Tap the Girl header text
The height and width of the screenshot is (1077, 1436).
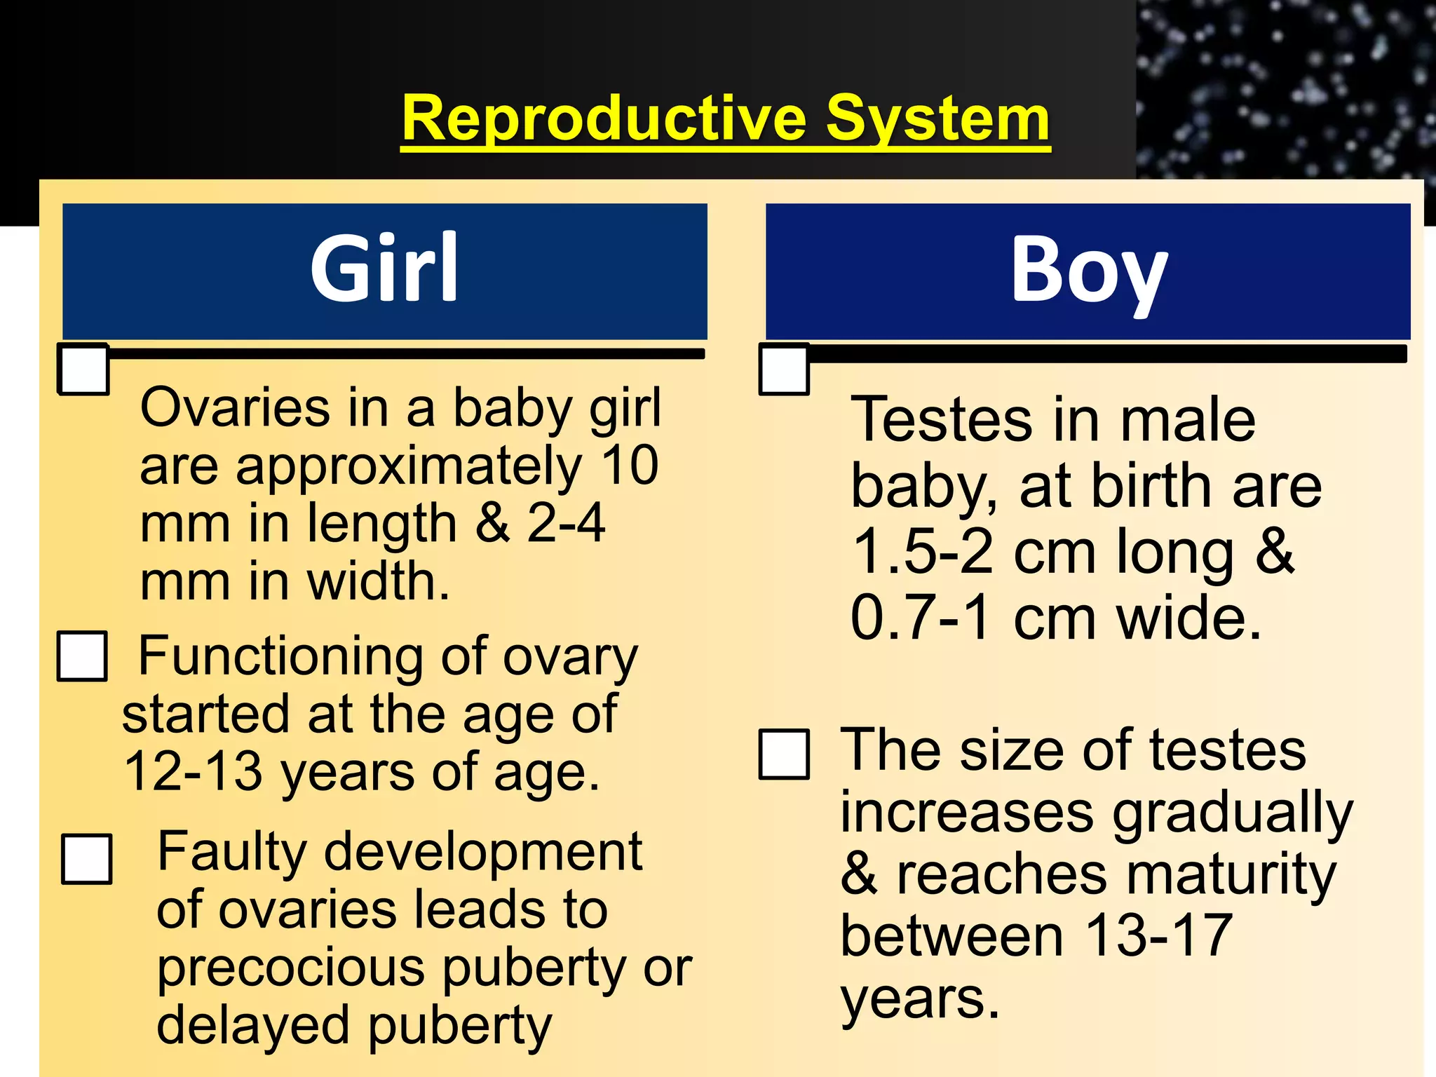384,268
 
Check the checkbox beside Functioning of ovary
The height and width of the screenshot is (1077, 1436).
83,656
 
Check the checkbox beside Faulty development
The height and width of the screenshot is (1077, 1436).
87,859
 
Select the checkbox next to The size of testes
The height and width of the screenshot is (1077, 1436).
785,754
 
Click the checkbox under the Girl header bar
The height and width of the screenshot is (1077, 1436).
83,370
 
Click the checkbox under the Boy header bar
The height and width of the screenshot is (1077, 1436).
785,370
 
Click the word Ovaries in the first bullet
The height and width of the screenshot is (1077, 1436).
235,407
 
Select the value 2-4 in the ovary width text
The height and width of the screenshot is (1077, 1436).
565,523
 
